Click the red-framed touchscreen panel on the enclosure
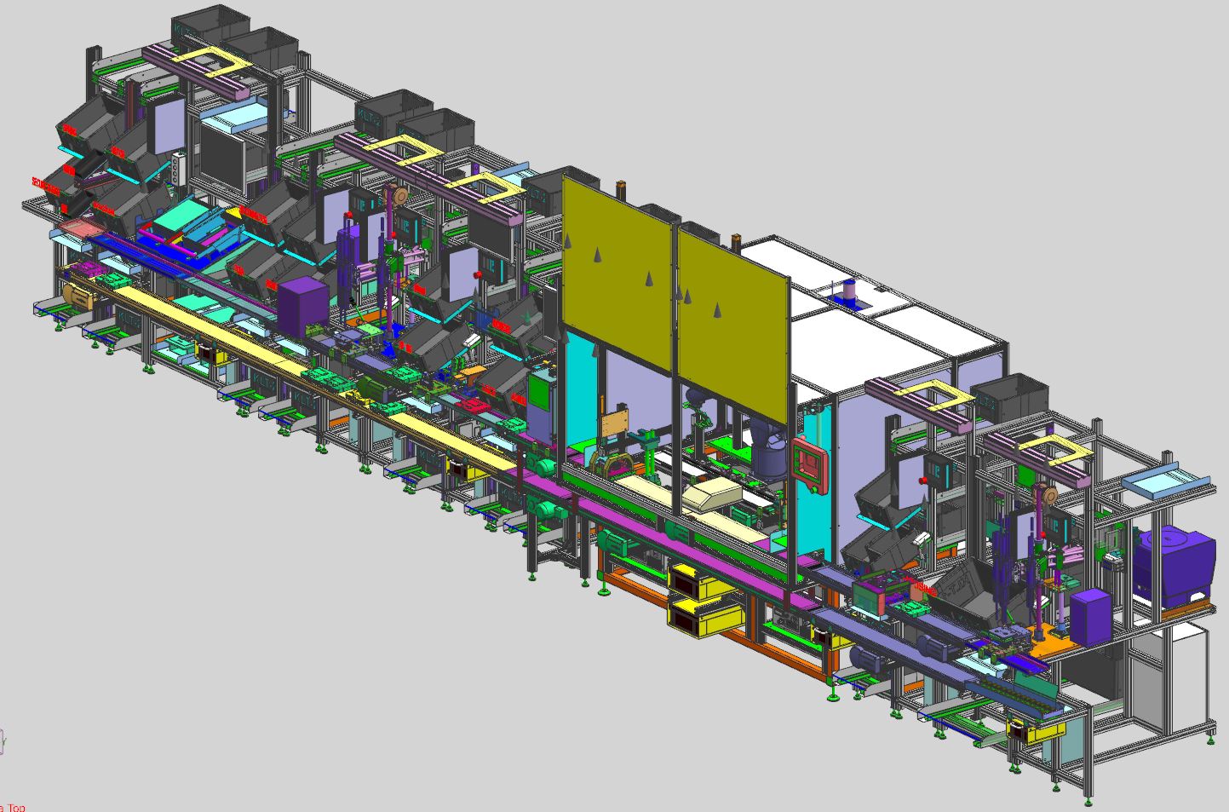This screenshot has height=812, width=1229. pyautogui.click(x=809, y=466)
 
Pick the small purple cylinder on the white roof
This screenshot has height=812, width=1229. pyautogui.click(x=848, y=291)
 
